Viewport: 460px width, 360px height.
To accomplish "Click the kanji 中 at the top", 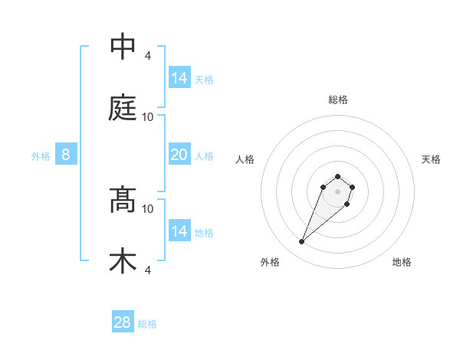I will point(123,47).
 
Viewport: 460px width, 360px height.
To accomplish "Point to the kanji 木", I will point(123,261).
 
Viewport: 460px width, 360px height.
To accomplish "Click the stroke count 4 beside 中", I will point(148,56).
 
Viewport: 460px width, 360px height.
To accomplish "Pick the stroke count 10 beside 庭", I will point(148,117).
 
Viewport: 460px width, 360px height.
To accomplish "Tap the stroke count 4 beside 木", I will point(148,270).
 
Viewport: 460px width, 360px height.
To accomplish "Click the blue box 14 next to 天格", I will point(179,77).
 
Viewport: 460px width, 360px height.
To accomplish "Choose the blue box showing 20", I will point(179,155).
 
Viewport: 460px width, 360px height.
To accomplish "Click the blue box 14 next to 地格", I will point(179,231).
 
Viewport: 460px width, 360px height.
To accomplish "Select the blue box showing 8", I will point(66,155).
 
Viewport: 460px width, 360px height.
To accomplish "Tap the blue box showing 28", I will point(123,322).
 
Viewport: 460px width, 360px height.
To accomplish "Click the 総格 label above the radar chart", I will point(338,100).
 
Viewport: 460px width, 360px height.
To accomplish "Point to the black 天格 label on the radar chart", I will point(431,159).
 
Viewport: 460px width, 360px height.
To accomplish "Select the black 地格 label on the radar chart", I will point(402,262).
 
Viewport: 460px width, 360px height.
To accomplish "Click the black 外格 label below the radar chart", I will point(270,262).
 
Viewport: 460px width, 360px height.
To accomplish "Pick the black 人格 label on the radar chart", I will point(245,159).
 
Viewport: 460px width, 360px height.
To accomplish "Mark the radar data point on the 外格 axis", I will point(302,242).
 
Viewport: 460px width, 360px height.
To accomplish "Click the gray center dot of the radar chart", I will point(338,191).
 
